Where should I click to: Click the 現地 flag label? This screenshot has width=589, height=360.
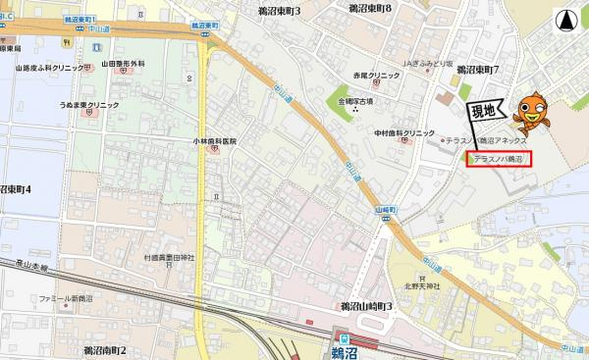[x=483, y=110]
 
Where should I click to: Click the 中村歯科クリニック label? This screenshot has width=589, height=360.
[x=403, y=132]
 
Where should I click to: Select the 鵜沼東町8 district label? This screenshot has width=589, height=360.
[x=370, y=8]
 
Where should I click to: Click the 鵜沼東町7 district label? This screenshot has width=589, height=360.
[x=478, y=70]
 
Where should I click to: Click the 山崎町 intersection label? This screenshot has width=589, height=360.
[x=385, y=210]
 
